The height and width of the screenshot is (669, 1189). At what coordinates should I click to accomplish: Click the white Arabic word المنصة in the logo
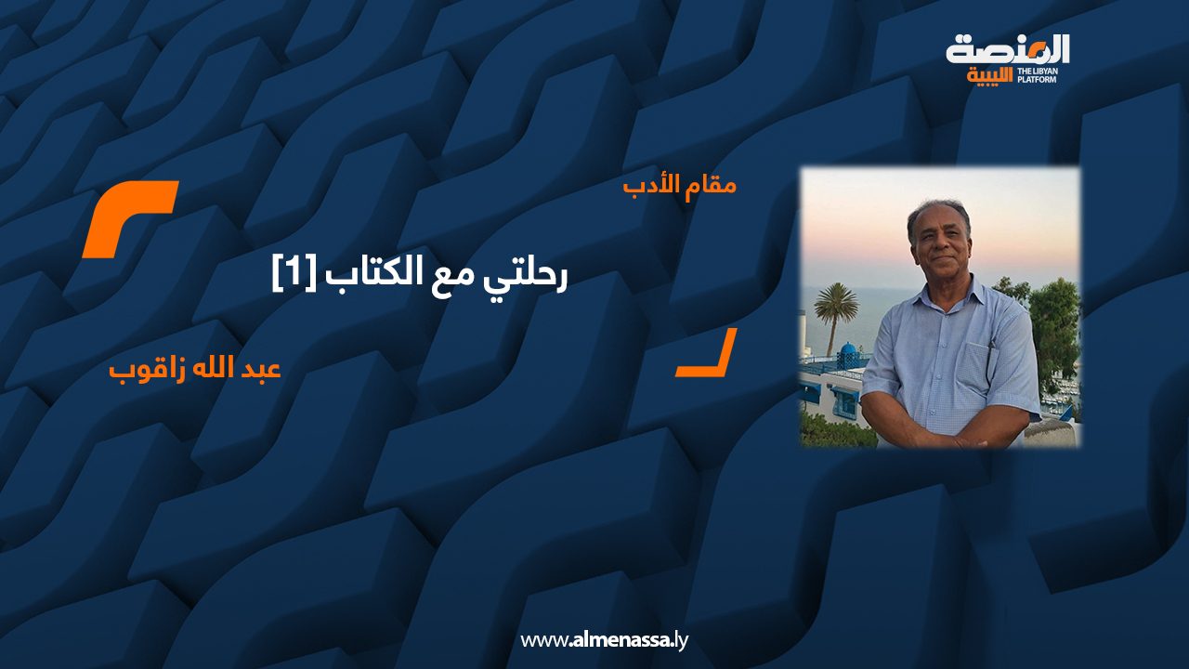[1008, 49]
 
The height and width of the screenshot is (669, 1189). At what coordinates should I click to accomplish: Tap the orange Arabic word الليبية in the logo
[989, 75]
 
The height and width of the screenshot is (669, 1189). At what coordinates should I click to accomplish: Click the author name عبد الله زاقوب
[195, 368]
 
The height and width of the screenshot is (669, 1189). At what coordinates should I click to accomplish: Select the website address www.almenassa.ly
[604, 639]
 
